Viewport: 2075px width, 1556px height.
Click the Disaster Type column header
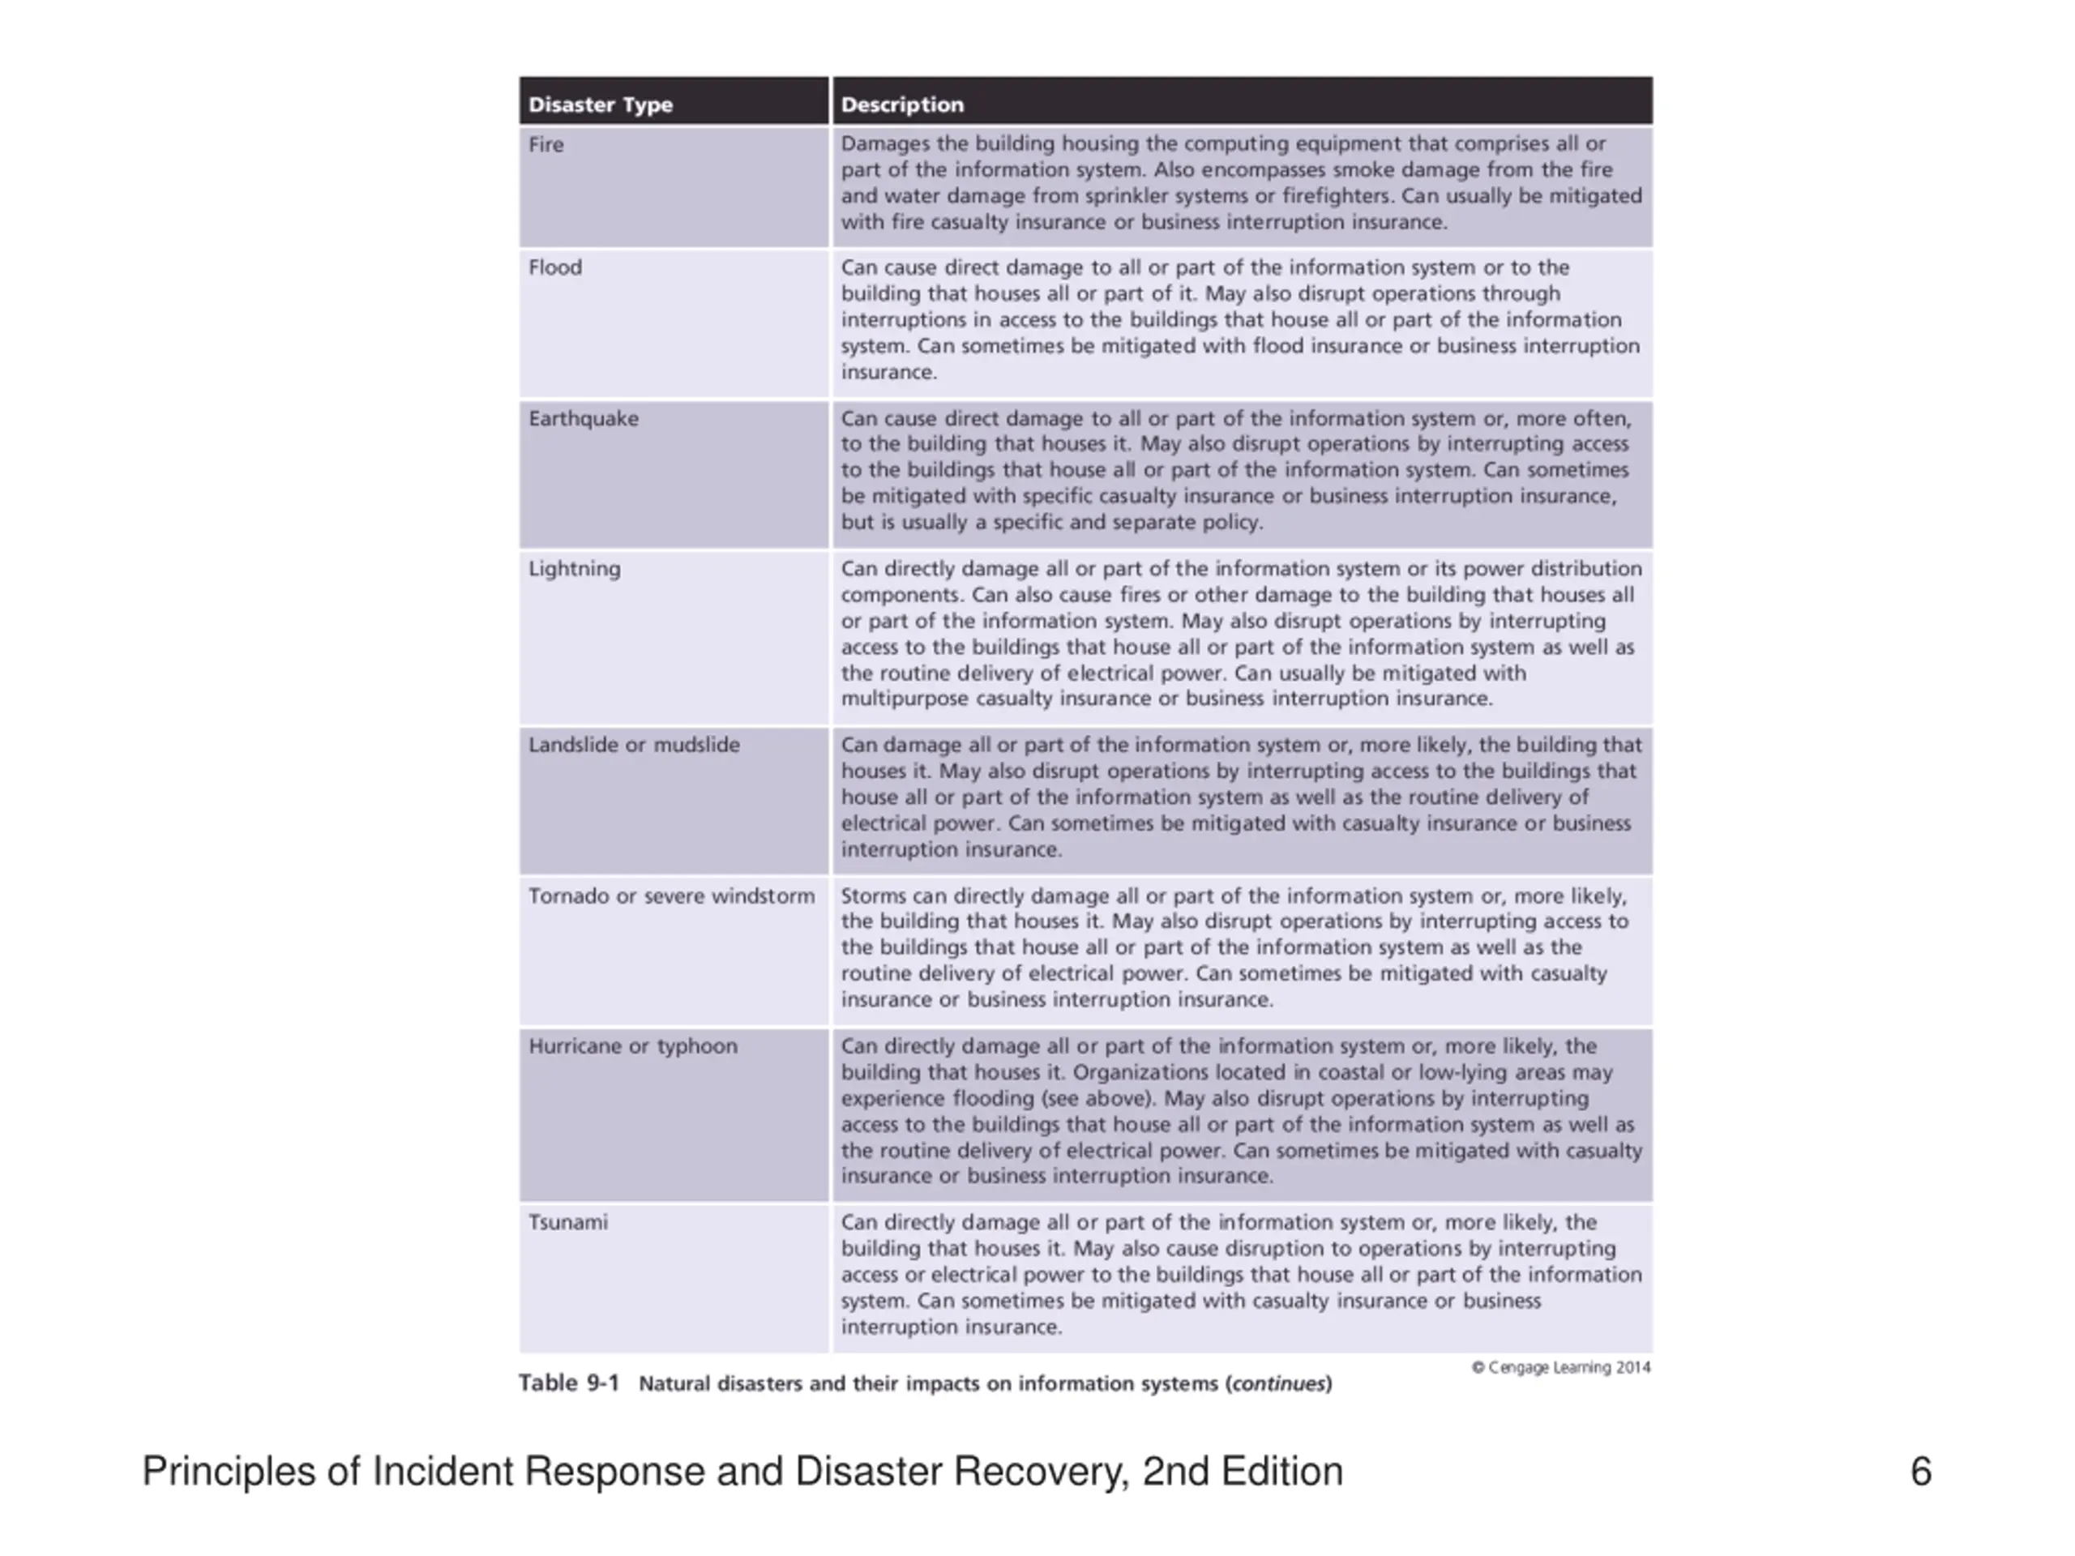coord(601,104)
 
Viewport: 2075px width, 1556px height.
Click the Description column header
coord(901,104)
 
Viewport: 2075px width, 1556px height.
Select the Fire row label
coord(546,144)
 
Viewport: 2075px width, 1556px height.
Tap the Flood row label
coord(555,267)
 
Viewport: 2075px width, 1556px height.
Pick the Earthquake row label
coord(584,418)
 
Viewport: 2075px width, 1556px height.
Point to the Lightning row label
coord(574,568)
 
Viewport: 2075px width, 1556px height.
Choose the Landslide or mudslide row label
coord(634,745)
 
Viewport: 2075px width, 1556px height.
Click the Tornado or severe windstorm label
coord(672,896)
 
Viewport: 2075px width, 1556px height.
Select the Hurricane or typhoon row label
coord(633,1045)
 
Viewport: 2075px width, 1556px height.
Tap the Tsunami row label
coord(567,1222)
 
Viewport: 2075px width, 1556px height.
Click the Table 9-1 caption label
coord(569,1383)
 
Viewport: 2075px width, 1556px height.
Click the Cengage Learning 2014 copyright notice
coord(1561,1367)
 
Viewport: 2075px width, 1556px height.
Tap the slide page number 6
coord(1920,1471)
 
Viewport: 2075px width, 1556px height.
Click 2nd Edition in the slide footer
coord(1242,1471)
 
